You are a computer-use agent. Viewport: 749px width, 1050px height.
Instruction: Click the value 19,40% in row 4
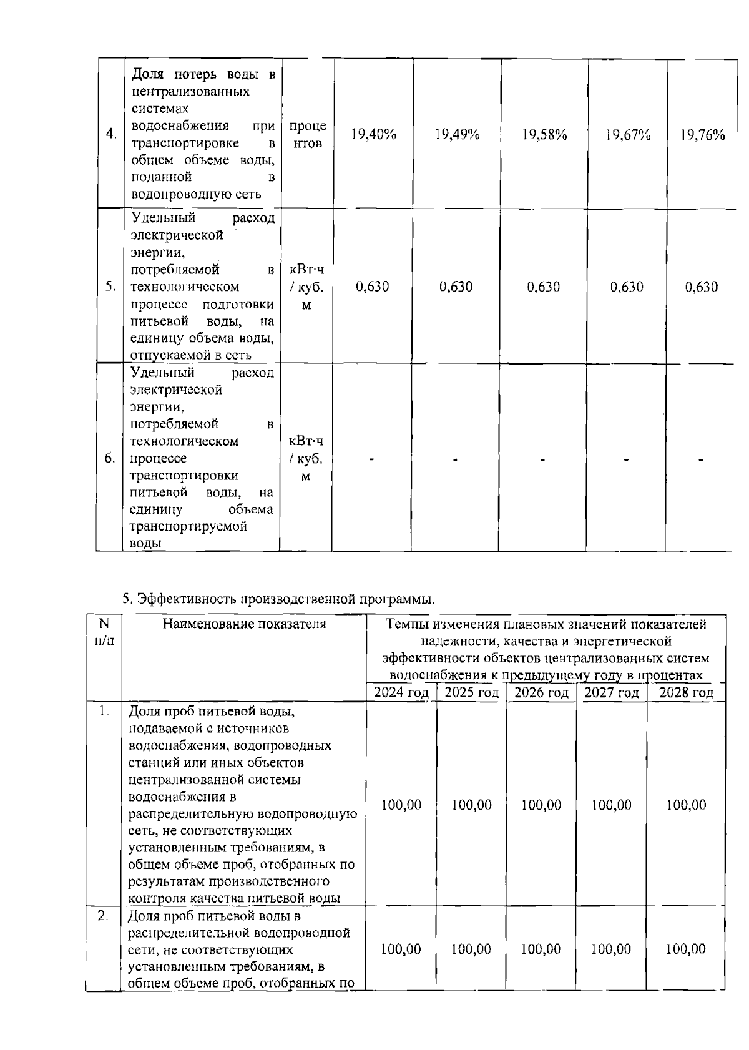373,135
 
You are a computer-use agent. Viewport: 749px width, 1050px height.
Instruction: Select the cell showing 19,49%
457,135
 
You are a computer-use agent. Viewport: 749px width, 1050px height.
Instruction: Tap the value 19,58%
544,135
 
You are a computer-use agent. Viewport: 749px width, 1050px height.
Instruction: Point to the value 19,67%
628,135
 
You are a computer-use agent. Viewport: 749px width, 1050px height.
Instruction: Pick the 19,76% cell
702,135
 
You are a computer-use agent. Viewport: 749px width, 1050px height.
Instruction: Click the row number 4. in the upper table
112,135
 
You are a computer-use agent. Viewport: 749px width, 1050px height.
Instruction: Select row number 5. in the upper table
110,287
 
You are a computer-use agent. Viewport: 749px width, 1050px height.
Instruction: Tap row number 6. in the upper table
110,459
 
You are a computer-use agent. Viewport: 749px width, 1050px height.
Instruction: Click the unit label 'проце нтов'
307,135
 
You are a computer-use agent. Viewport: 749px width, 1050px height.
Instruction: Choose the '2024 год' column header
401,692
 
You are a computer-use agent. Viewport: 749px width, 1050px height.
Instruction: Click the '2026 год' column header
541,692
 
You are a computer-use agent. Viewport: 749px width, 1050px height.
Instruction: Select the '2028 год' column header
686,692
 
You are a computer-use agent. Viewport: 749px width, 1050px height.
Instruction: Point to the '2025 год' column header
471,692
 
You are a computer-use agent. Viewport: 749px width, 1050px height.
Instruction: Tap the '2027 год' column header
612,692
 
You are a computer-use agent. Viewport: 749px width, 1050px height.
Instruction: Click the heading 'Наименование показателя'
244,624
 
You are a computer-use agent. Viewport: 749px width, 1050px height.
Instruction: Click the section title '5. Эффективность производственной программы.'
278,599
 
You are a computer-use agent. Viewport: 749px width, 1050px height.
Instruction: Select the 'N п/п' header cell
104,632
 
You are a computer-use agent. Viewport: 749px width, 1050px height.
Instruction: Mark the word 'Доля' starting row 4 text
148,75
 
